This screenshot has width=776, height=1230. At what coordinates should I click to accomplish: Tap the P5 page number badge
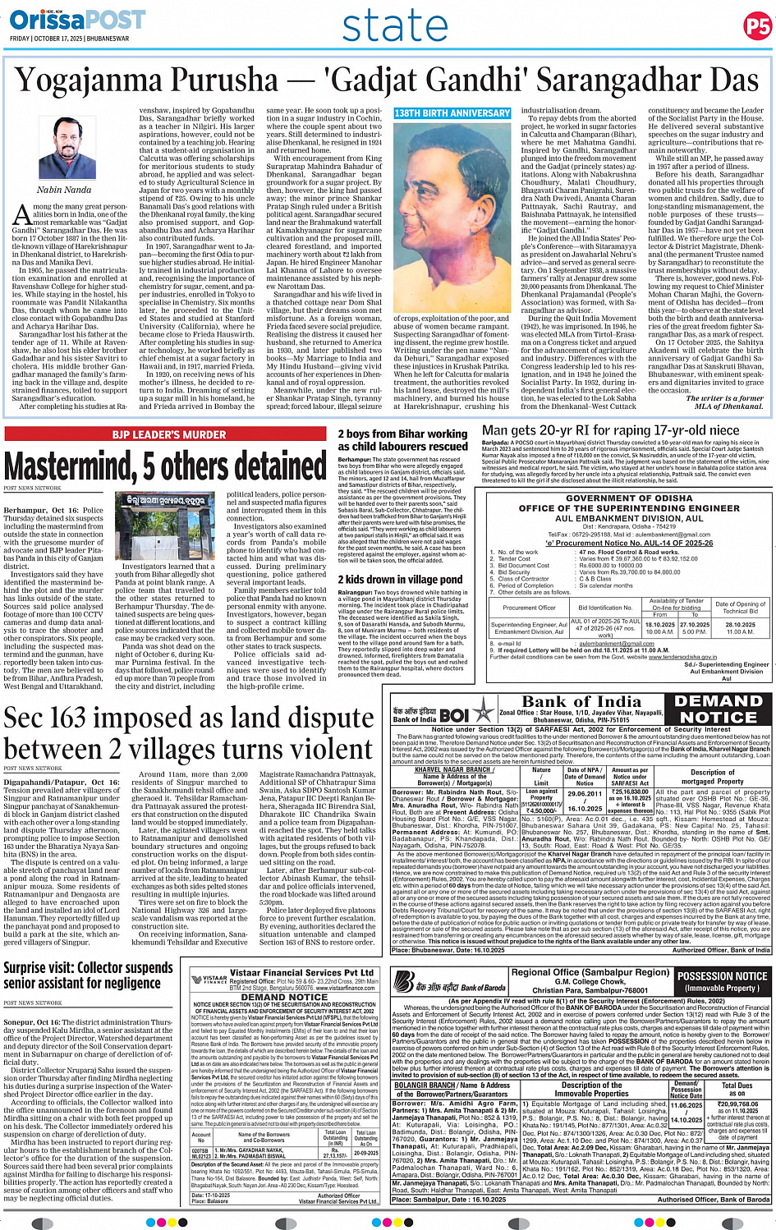[x=756, y=26]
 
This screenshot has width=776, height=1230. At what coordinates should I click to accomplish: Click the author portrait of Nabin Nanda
[x=64, y=149]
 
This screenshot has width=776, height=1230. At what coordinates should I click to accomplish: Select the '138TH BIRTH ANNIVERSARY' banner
[x=452, y=113]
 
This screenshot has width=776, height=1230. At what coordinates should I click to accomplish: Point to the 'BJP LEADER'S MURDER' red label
[x=168, y=434]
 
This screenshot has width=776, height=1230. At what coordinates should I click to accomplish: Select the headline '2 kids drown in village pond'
[x=400, y=579]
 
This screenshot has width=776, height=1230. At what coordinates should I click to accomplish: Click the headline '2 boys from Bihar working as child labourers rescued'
[x=402, y=440]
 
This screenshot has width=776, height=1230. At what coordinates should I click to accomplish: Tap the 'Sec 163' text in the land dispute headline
[x=56, y=719]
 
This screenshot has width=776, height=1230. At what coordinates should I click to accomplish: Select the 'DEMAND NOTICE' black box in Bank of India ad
[x=717, y=709]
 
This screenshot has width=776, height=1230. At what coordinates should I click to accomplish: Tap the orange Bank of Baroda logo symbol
[x=403, y=980]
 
